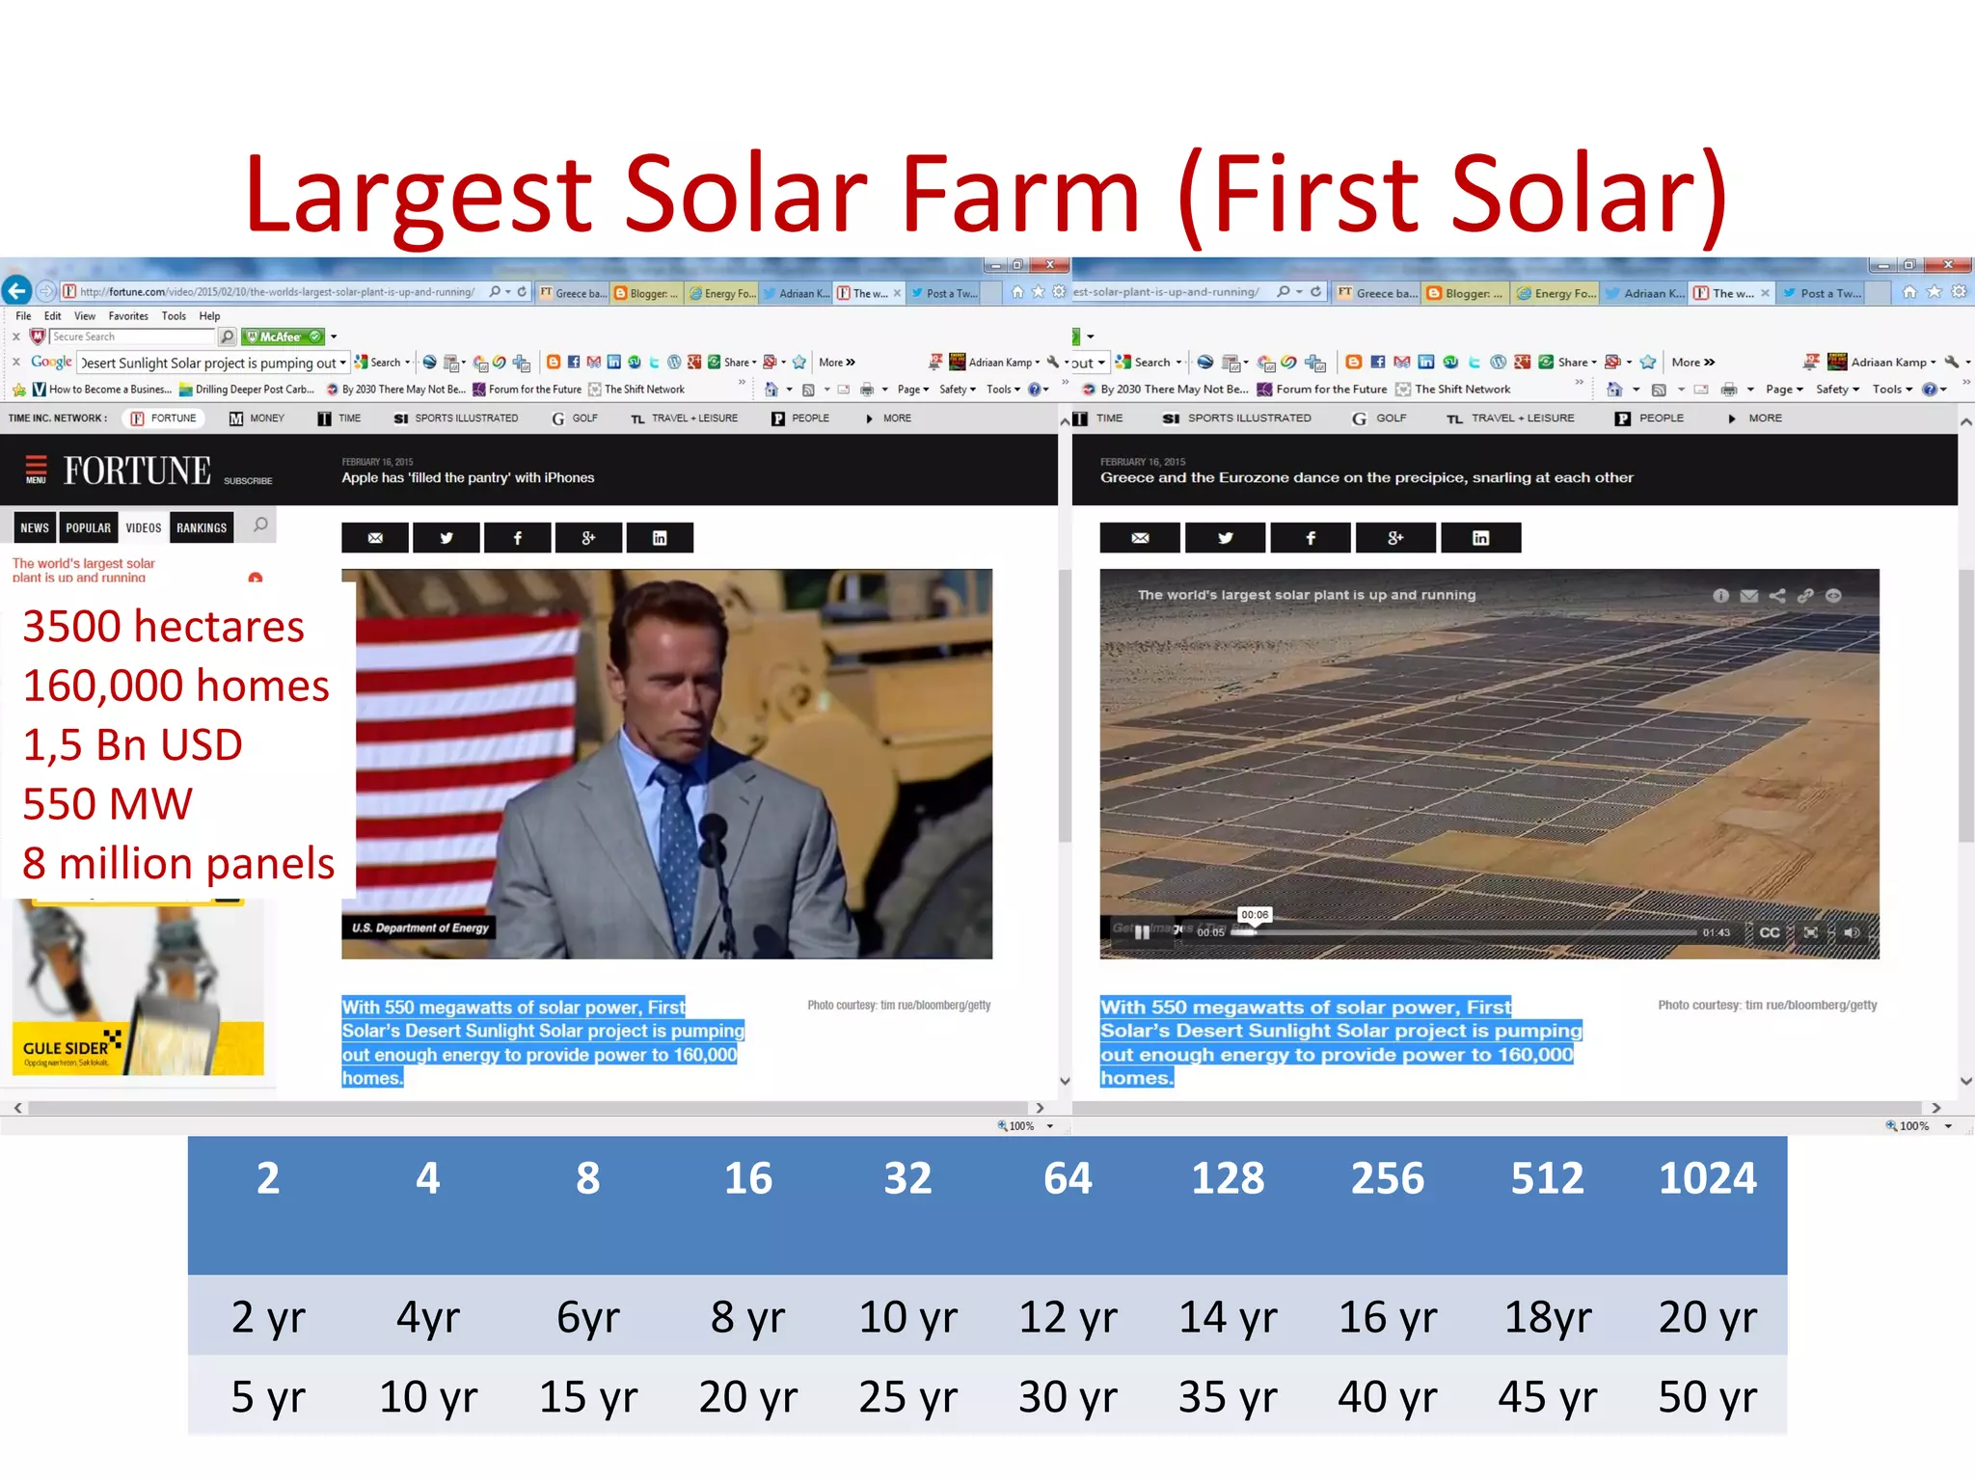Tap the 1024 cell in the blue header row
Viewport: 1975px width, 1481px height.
click(x=1707, y=1178)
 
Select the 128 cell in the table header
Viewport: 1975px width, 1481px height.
click(x=1228, y=1178)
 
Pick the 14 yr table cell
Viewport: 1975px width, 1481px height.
click(x=1228, y=1317)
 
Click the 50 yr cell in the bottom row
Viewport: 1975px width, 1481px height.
click(x=1707, y=1397)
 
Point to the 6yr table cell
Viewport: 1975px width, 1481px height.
click(x=588, y=1317)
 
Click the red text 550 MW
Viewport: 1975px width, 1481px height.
click(x=108, y=804)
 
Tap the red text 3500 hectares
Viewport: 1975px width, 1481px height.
click(x=164, y=627)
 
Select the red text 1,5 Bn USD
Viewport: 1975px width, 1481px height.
click(x=133, y=745)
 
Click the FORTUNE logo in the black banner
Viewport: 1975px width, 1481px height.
click(x=137, y=471)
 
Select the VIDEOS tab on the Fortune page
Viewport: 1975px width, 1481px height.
click(x=144, y=527)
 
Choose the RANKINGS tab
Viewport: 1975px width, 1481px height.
click(x=202, y=527)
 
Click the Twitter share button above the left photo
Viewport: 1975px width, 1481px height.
click(x=446, y=538)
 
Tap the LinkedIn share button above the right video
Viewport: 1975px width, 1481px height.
click(x=1480, y=538)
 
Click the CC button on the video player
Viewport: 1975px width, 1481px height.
click(x=1770, y=932)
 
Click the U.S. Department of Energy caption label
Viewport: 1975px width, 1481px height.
click(x=420, y=928)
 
